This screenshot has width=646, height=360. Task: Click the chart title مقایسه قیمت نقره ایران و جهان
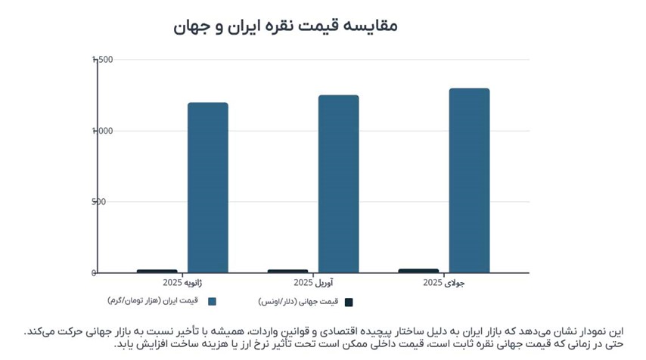point(285,25)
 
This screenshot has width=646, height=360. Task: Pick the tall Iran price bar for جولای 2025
point(469,181)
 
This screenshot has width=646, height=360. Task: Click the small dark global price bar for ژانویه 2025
point(157,271)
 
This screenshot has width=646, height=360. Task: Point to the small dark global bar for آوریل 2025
point(287,271)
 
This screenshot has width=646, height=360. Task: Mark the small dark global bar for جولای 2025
point(418,270)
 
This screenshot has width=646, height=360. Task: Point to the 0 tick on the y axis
point(95,273)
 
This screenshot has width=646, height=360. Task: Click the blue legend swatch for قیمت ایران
point(213,301)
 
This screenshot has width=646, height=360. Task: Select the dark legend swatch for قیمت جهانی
point(349,302)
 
